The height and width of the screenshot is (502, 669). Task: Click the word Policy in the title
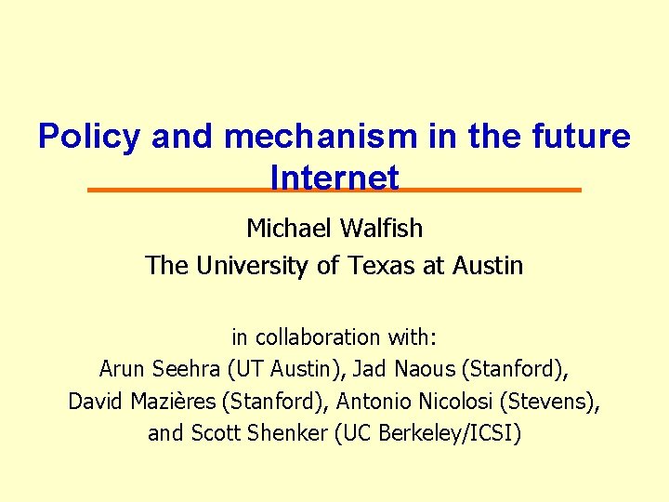[89, 137]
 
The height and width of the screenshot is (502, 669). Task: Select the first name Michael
[287, 228]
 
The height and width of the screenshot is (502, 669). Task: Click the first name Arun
[120, 369]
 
